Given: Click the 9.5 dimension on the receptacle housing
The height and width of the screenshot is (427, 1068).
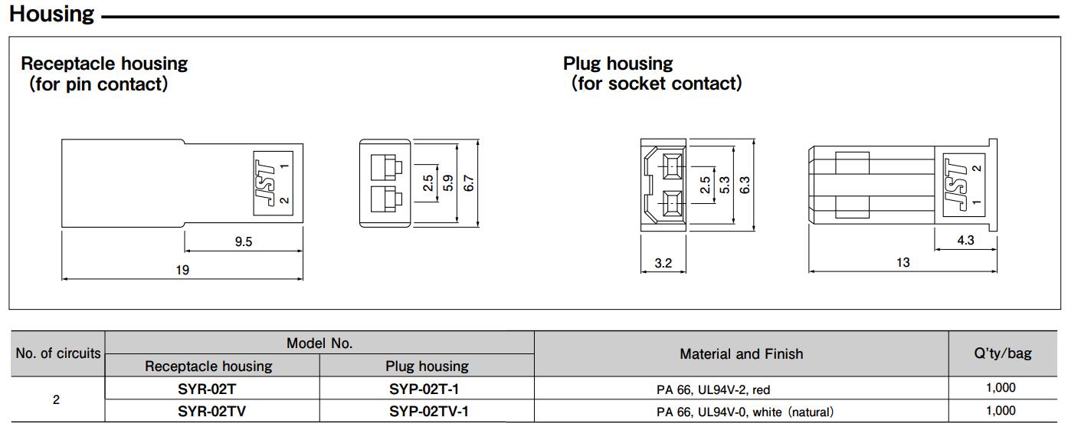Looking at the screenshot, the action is tap(243, 241).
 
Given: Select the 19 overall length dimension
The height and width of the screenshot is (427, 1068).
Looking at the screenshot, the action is tap(182, 270).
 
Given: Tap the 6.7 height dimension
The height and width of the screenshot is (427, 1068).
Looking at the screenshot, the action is tap(469, 183).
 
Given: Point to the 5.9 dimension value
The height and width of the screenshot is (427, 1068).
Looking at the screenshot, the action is tap(448, 183).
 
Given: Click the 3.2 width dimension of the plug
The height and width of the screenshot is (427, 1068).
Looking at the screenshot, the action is tap(663, 263).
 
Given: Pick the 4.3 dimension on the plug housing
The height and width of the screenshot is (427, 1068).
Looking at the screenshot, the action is tap(965, 240).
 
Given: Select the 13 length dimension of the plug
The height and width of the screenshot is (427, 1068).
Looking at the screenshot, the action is tap(903, 262).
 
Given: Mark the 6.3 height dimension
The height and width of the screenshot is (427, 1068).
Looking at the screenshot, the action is tap(745, 185).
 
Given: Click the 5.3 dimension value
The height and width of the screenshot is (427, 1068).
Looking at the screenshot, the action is tap(724, 185).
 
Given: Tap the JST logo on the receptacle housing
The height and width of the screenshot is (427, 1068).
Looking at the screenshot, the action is tap(266, 182).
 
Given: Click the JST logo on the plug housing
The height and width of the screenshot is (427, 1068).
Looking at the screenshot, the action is tap(955, 185).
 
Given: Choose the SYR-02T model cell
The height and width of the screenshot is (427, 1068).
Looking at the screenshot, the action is tap(206, 389).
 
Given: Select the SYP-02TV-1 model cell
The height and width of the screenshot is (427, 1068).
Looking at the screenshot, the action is tap(428, 411).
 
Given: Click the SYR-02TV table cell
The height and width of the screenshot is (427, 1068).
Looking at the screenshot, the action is tap(211, 411).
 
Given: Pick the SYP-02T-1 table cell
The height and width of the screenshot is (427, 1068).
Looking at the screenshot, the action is tap(424, 389).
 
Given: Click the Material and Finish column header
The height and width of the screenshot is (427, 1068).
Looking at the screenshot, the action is tap(742, 353).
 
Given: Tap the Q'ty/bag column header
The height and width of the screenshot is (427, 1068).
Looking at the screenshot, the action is tap(1003, 353).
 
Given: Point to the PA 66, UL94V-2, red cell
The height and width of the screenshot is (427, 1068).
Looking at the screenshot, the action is tap(713, 389).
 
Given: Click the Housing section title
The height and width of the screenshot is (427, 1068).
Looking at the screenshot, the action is tap(52, 15).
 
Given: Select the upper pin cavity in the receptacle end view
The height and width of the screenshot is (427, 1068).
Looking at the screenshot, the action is tap(387, 166).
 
